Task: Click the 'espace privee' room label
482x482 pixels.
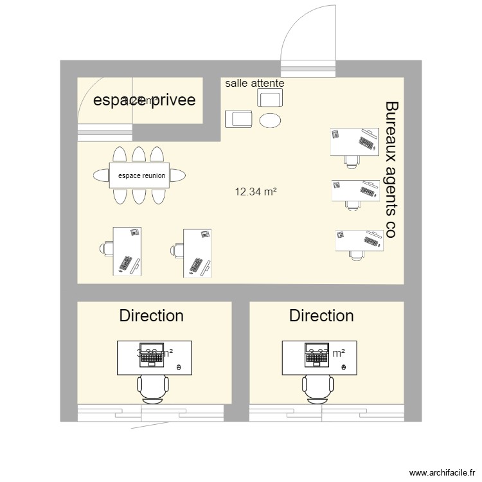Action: coord(145,101)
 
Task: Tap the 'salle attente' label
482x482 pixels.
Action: coord(254,84)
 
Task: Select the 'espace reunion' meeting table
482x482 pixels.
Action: coord(141,175)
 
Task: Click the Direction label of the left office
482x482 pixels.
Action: coord(151,316)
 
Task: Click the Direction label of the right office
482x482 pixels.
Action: coord(321,316)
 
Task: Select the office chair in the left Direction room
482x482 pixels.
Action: coord(152,389)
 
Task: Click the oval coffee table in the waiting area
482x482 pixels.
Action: coord(270,120)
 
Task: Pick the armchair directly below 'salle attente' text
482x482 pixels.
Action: coord(269,98)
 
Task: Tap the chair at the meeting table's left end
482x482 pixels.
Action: coord(102,175)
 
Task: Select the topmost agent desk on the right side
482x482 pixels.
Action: coord(354,142)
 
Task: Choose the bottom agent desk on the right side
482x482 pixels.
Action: coord(359,240)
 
